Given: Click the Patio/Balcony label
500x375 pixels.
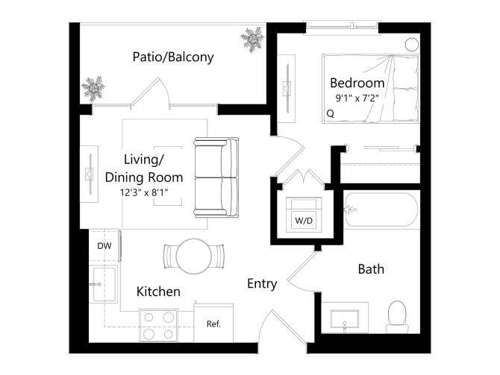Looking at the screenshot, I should tap(173, 57).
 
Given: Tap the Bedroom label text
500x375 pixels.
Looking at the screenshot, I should tap(357, 83).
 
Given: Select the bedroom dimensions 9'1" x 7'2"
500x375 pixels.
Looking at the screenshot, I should tap(357, 97).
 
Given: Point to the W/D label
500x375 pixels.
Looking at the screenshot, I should tap(304, 221).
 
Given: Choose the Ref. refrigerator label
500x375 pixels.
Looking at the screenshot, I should tap(213, 324).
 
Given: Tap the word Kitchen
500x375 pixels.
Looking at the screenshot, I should tap(158, 292).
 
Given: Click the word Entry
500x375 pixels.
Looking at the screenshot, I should tap(262, 283).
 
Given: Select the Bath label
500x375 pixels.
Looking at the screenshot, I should tap(371, 268).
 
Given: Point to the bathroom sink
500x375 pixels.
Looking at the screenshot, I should tap(345, 320).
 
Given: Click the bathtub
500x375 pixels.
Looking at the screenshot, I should tap(381, 211).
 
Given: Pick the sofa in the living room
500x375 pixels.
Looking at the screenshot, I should tap(216, 177).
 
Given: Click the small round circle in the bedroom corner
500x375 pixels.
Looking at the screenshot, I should tap(411, 43).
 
